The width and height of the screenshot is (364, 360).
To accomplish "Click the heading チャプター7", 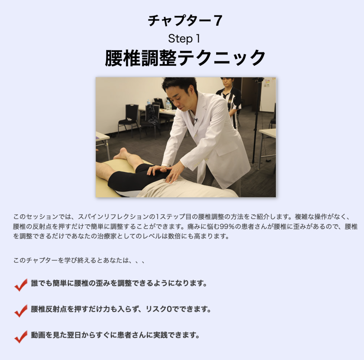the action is point(185,21).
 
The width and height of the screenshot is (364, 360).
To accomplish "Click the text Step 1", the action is point(184,39).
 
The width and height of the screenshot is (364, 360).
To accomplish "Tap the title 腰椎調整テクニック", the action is point(185,58).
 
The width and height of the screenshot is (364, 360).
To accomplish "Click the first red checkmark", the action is point(21,285).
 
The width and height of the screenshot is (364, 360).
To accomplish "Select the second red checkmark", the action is point(21,311).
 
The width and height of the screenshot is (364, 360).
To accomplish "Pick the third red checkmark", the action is point(21,337).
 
